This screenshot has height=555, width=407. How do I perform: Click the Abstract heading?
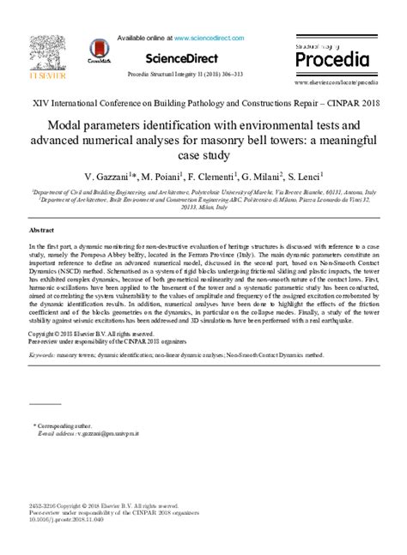[x=42, y=232]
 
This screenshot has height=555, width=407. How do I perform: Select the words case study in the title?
[x=203, y=155]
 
